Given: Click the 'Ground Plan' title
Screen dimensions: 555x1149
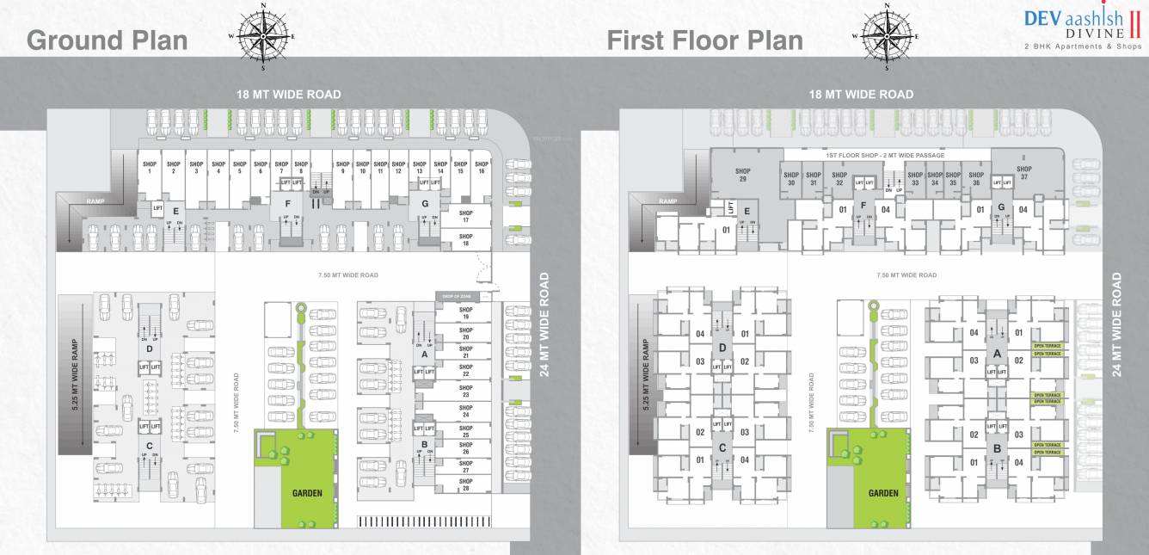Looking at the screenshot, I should (108, 40).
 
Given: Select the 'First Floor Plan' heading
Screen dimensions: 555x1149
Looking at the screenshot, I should (704, 40).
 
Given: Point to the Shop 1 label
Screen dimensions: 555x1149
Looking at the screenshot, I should (151, 168).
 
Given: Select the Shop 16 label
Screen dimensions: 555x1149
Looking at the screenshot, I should (482, 168).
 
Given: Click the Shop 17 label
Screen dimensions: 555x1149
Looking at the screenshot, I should (465, 217).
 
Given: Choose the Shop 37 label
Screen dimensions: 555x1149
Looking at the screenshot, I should (1023, 173).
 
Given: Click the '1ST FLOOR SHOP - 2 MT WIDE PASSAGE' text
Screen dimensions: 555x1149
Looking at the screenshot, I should (884, 155).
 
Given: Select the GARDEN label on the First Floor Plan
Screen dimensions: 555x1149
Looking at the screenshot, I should (883, 494).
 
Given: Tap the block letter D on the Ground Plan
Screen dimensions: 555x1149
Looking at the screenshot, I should (150, 348).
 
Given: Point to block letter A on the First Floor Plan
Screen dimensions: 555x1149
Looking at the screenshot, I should (997, 353).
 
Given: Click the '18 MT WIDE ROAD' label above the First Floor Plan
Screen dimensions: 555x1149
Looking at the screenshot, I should (861, 95).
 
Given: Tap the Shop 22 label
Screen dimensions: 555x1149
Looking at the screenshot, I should (465, 371).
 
